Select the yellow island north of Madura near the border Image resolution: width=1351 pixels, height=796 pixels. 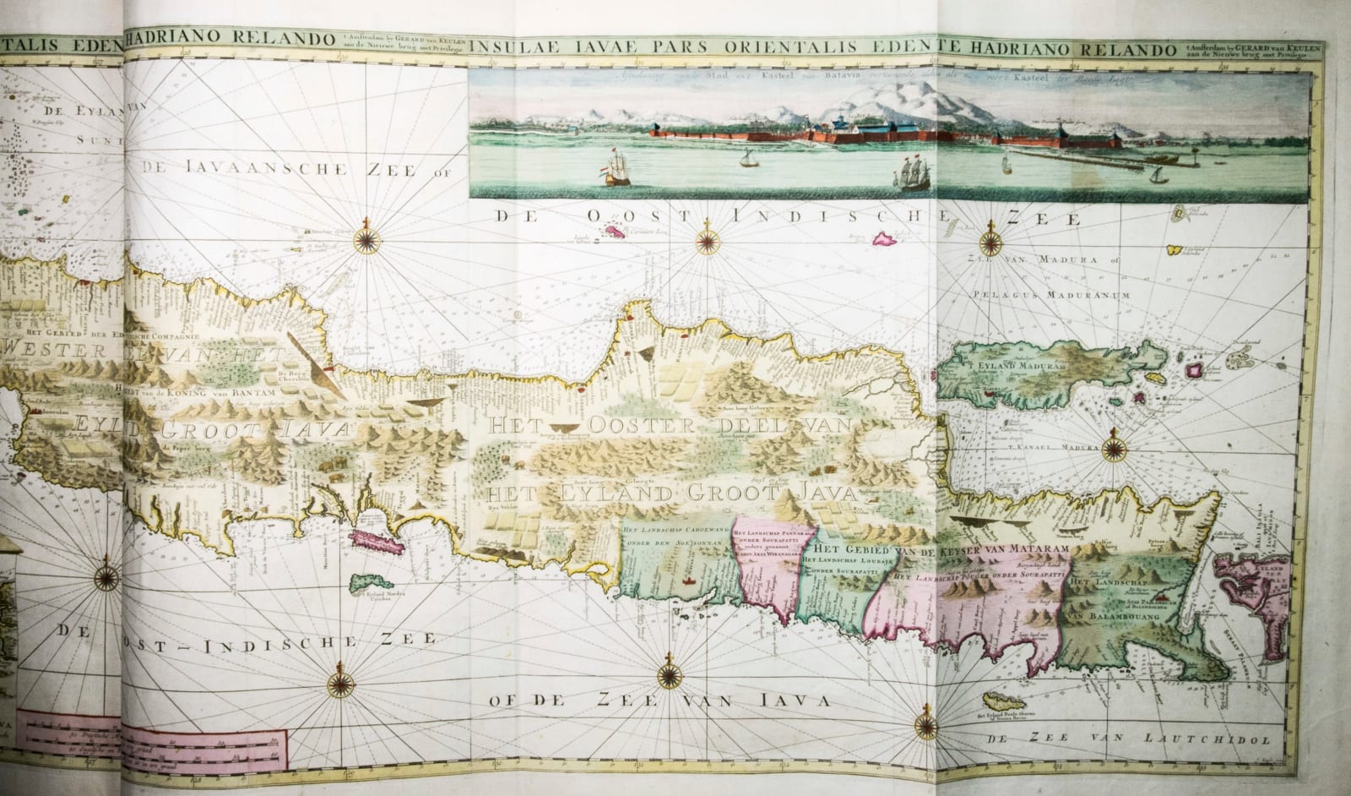pos(1173,251)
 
